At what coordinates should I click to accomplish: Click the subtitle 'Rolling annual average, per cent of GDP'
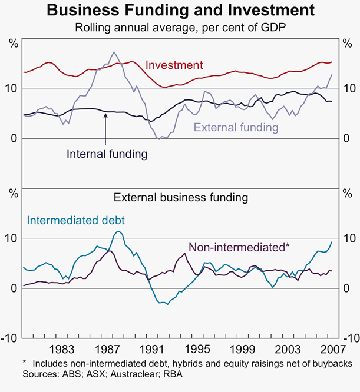pyautogui.click(x=180, y=27)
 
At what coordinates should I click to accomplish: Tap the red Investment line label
pyautogui.click(x=173, y=65)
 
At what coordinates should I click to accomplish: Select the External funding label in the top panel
pyautogui.click(x=236, y=127)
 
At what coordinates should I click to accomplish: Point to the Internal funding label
pyautogui.click(x=106, y=154)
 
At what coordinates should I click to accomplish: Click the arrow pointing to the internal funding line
pyautogui.click(x=105, y=127)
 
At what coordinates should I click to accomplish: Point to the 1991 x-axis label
pyautogui.click(x=153, y=347)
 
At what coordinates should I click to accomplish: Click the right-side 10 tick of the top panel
pyautogui.click(x=348, y=88)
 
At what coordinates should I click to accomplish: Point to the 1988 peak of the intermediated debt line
pyautogui.click(x=118, y=232)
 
